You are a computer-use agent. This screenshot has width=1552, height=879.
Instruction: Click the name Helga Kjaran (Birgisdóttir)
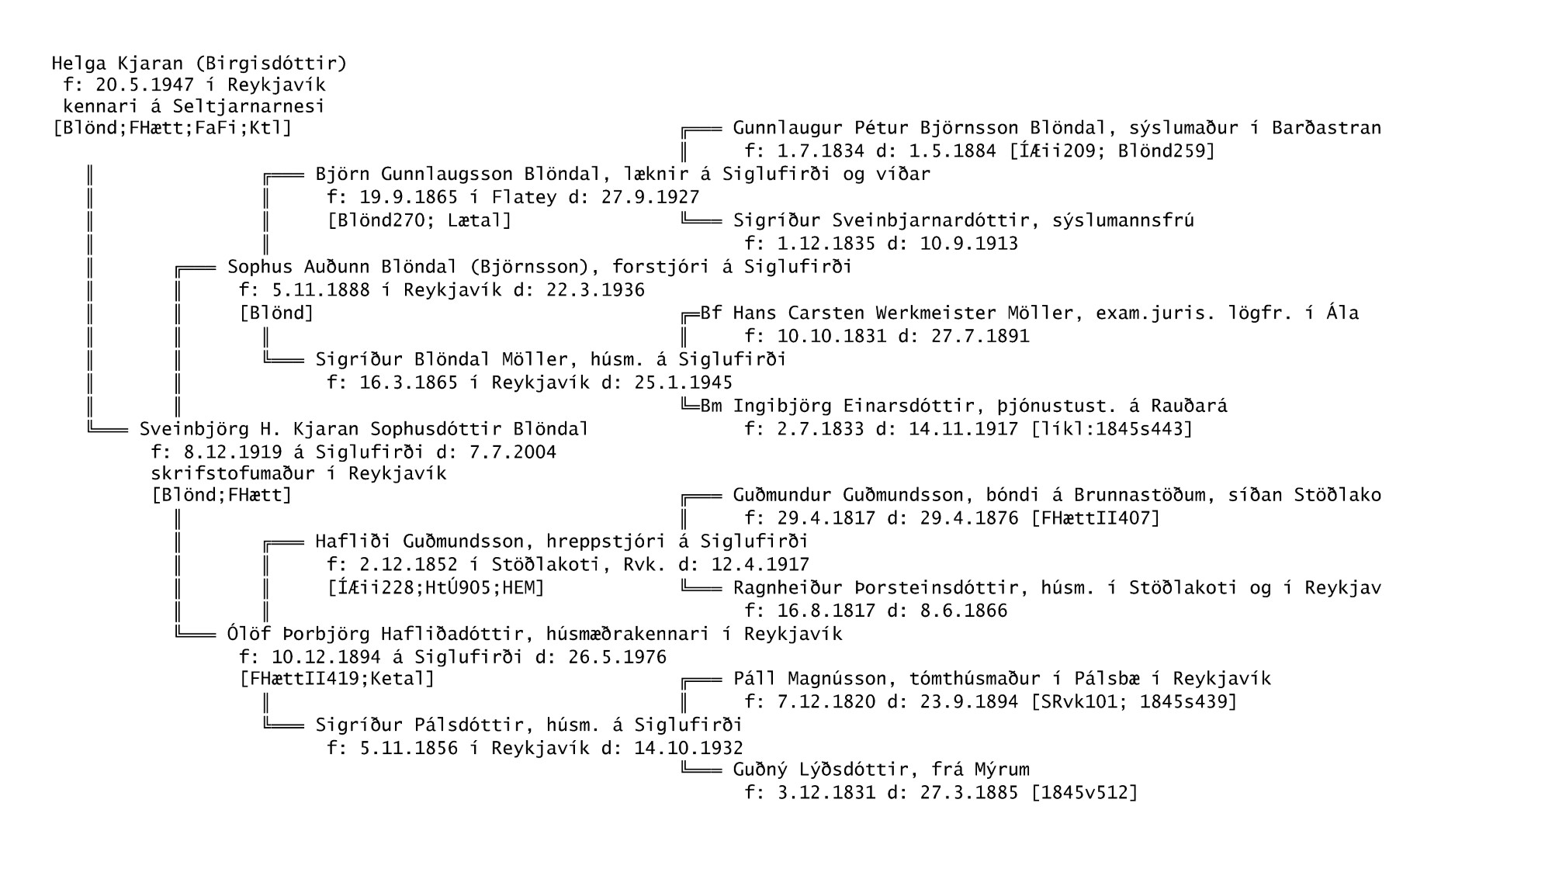tap(199, 63)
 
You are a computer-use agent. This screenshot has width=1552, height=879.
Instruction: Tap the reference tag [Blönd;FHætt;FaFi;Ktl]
tap(172, 127)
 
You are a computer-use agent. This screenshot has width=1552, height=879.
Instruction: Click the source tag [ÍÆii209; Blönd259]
tap(1113, 151)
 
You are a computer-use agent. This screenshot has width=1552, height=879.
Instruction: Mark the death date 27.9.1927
tap(650, 197)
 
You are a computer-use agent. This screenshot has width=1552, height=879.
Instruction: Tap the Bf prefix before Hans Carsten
tap(711, 313)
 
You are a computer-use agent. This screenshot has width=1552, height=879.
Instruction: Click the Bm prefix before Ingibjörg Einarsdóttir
tap(711, 406)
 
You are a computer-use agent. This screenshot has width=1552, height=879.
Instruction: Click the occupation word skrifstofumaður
tap(233, 473)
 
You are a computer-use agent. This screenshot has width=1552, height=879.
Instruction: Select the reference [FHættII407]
tap(1096, 517)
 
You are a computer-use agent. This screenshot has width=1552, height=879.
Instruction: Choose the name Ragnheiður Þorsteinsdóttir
tap(876, 587)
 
